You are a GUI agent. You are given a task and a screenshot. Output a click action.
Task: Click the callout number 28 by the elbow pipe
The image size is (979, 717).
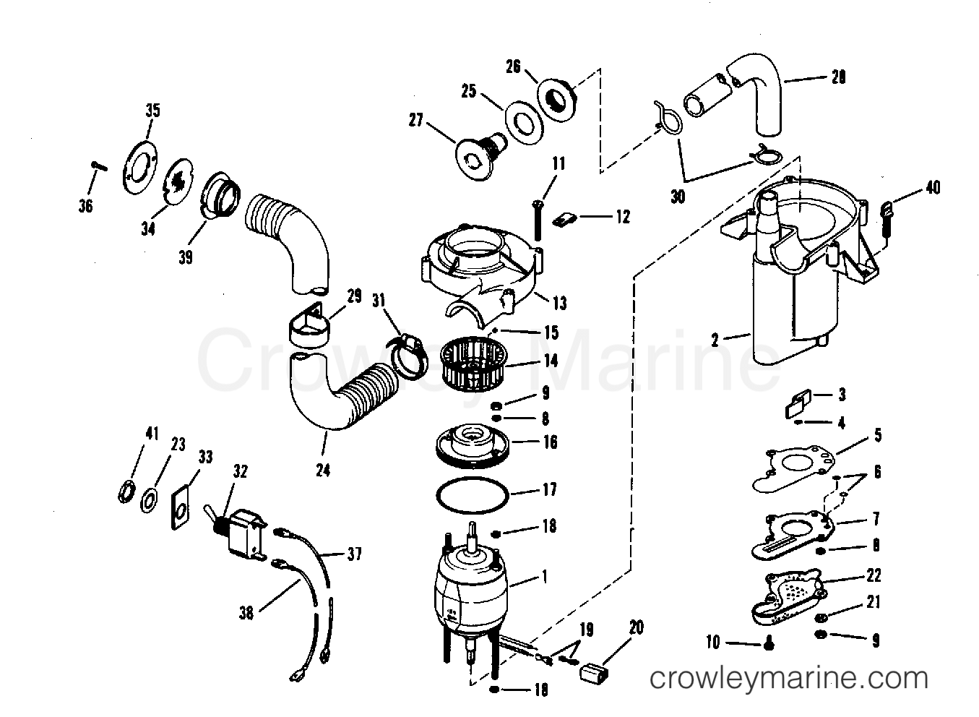click(x=837, y=77)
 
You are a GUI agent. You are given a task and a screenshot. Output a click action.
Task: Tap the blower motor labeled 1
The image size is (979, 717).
click(x=470, y=589)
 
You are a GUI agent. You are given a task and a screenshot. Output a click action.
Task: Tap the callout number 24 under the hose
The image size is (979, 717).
click(x=322, y=471)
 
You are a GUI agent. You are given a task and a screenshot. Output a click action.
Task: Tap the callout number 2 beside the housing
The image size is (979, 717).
click(x=715, y=338)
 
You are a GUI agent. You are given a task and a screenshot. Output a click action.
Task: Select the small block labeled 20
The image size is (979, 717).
click(x=595, y=672)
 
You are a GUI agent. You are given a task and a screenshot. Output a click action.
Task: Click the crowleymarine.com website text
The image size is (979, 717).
click(x=788, y=679)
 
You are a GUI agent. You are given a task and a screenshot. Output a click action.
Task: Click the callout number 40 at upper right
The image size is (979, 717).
click(x=932, y=189)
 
